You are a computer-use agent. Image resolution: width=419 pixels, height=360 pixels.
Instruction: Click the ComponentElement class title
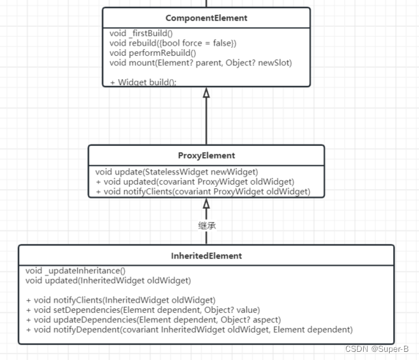tap(206, 18)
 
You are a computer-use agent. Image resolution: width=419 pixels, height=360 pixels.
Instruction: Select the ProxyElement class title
tap(206, 155)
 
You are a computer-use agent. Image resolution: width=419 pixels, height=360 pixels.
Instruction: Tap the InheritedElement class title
tap(206, 256)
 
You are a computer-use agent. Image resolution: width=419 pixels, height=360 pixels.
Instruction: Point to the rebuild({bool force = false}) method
tap(173, 43)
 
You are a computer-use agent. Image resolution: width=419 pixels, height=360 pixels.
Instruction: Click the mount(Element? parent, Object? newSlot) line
tap(201, 63)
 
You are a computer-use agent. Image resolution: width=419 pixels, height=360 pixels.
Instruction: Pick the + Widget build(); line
tap(143, 82)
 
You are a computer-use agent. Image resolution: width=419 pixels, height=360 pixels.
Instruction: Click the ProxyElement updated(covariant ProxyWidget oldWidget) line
tap(194, 181)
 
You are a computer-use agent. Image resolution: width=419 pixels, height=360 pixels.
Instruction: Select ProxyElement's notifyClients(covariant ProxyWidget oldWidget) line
tap(203, 192)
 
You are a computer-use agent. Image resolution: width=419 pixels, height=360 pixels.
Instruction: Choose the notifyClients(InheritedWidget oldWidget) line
tap(120, 300)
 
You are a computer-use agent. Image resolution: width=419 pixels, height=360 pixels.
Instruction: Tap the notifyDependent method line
tap(188, 329)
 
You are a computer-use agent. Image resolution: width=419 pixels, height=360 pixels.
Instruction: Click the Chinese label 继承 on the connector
tap(206, 225)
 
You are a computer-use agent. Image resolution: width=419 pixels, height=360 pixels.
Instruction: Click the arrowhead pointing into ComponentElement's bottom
tap(206, 93)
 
